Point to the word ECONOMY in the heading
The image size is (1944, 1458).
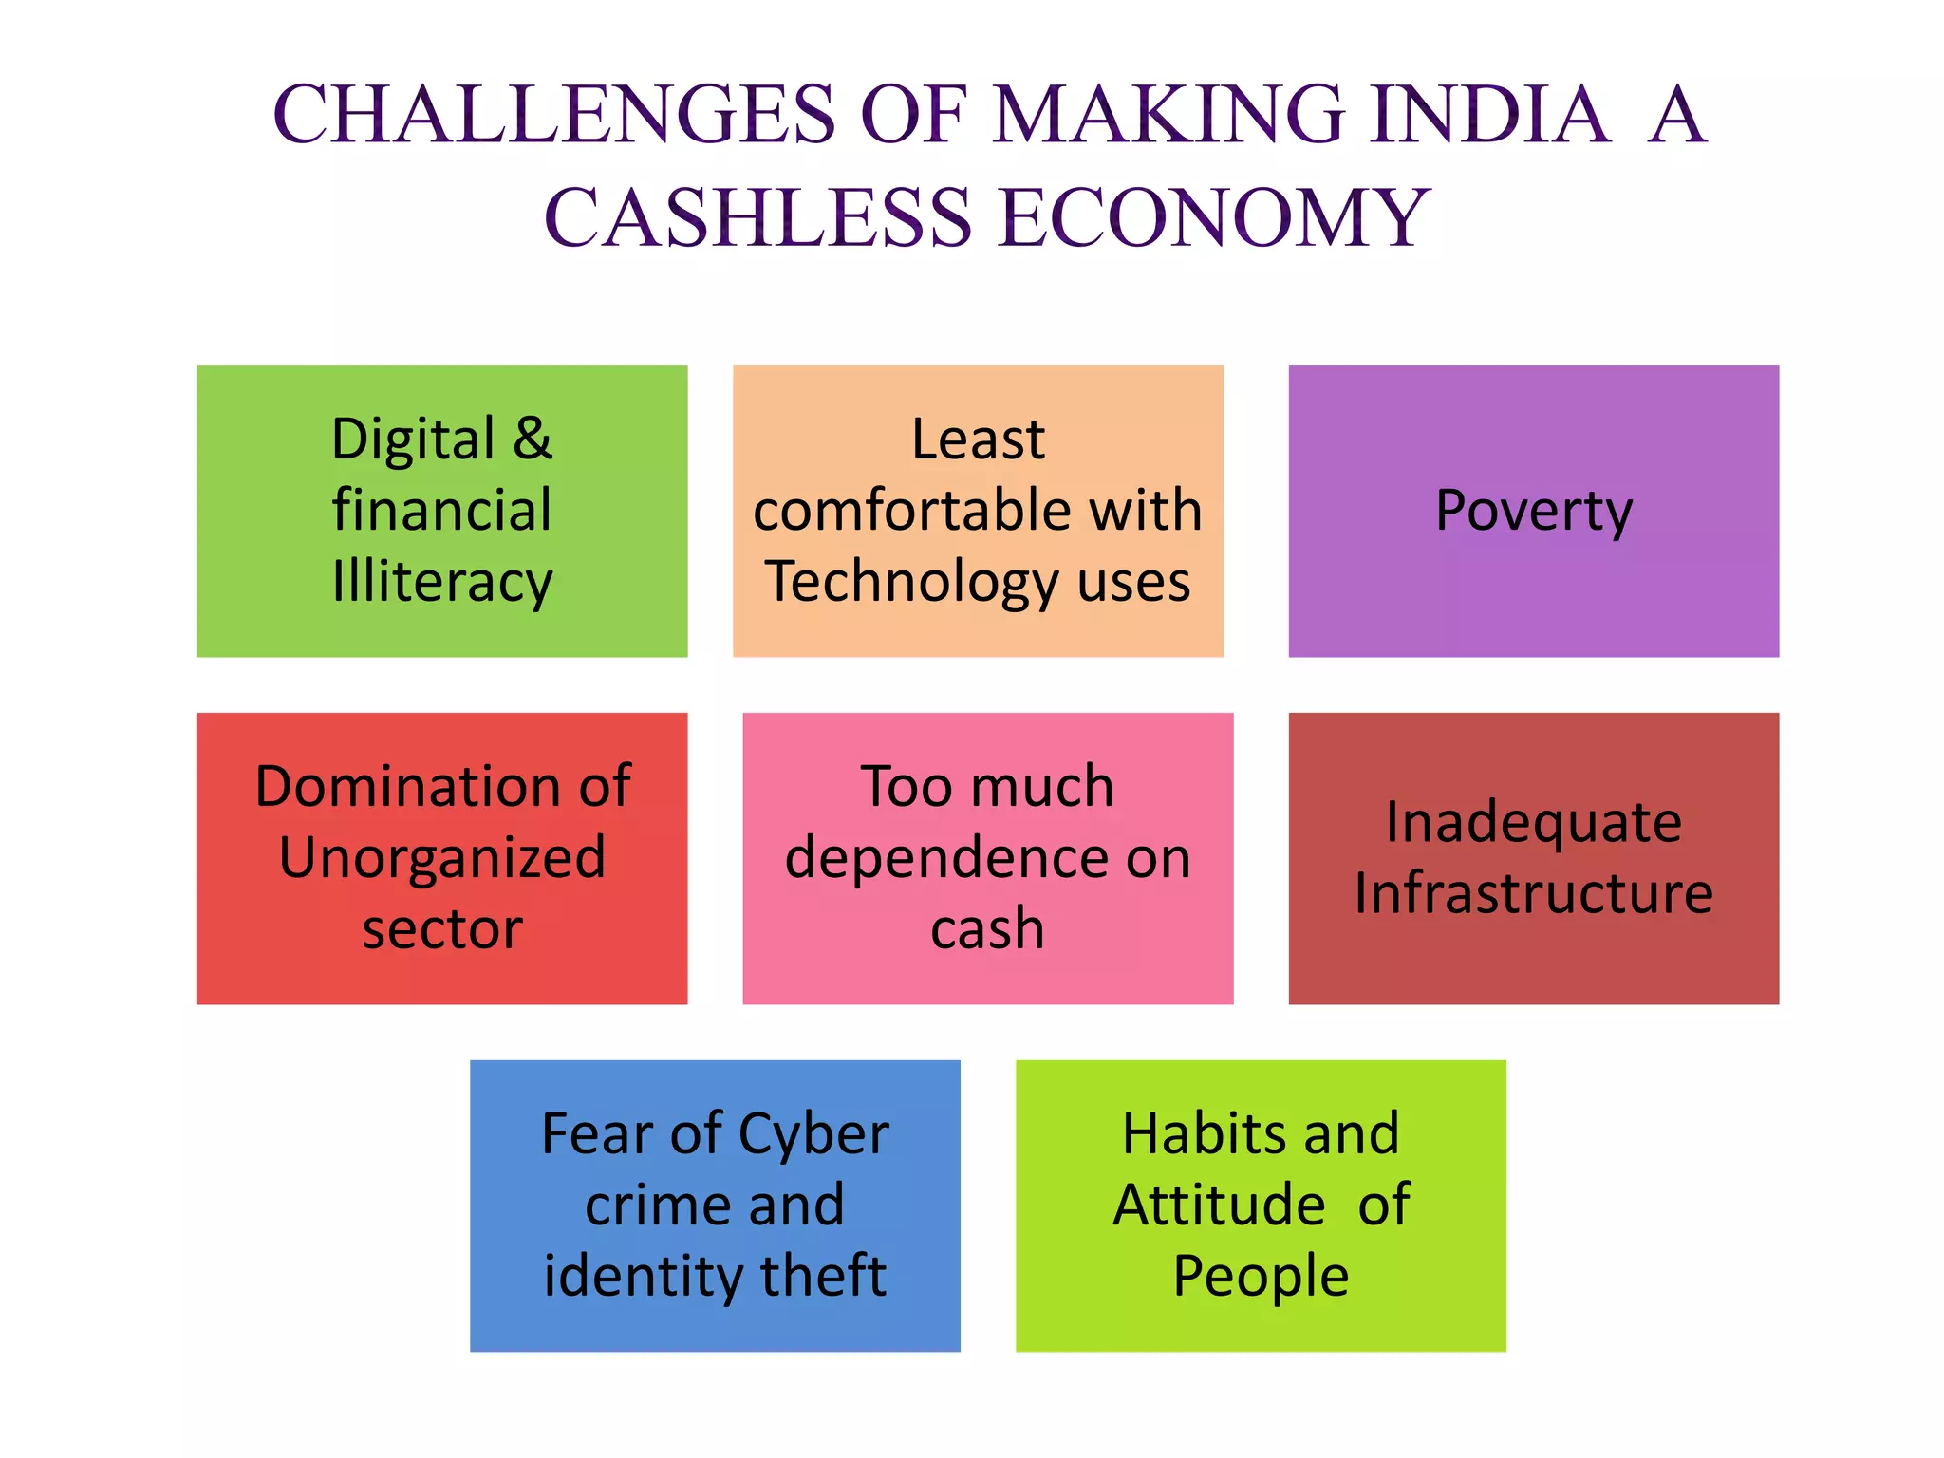pyautogui.click(x=1214, y=217)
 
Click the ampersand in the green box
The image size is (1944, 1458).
pyautogui.click(x=533, y=439)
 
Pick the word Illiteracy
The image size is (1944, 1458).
pyautogui.click(x=442, y=581)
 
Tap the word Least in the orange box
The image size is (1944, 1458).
pyautogui.click(x=978, y=439)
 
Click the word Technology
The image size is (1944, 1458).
pyautogui.click(x=911, y=581)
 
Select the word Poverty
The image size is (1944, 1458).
pyautogui.click(x=1533, y=511)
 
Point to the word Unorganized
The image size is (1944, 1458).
pyautogui.click(x=442, y=857)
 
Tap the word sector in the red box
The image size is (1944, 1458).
pyautogui.click(x=442, y=928)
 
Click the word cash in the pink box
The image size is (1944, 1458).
pyautogui.click(x=987, y=928)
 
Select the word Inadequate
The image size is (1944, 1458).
pyautogui.click(x=1533, y=822)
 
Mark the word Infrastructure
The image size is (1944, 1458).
pyautogui.click(x=1533, y=893)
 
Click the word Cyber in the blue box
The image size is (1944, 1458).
pyautogui.click(x=813, y=1133)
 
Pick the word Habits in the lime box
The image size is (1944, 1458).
pyautogui.click(x=1192, y=1133)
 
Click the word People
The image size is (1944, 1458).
pyautogui.click(x=1261, y=1275)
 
